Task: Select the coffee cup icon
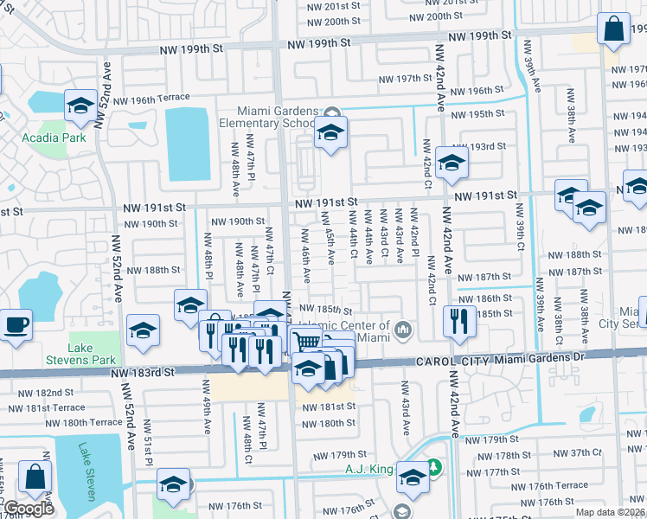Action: point(16,326)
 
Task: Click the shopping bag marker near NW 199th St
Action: point(613,29)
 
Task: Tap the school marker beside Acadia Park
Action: point(80,106)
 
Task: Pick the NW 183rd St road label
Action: point(143,371)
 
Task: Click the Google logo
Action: point(29,509)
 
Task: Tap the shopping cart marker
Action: point(304,341)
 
